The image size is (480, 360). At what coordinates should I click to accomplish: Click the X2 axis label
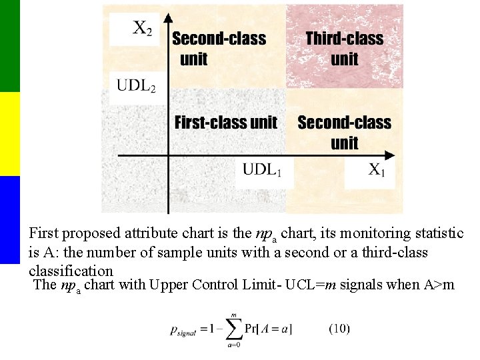point(141,28)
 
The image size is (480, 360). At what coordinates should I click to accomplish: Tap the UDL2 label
point(137,86)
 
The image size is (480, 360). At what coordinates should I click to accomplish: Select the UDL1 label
point(262,169)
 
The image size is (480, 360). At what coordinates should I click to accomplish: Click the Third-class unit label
point(344,49)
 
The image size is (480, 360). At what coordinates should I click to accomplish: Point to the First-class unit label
point(225,123)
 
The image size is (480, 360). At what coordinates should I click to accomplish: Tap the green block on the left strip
point(10,45)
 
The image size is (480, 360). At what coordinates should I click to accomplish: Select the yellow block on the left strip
point(10,133)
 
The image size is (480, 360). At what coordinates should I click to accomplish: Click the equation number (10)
point(339,328)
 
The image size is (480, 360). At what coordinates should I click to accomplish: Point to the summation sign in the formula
point(233,328)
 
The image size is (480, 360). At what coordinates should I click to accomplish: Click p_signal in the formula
point(187,329)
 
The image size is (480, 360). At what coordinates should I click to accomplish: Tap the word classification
point(71,271)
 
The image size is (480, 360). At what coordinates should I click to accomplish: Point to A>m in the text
point(439,285)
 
